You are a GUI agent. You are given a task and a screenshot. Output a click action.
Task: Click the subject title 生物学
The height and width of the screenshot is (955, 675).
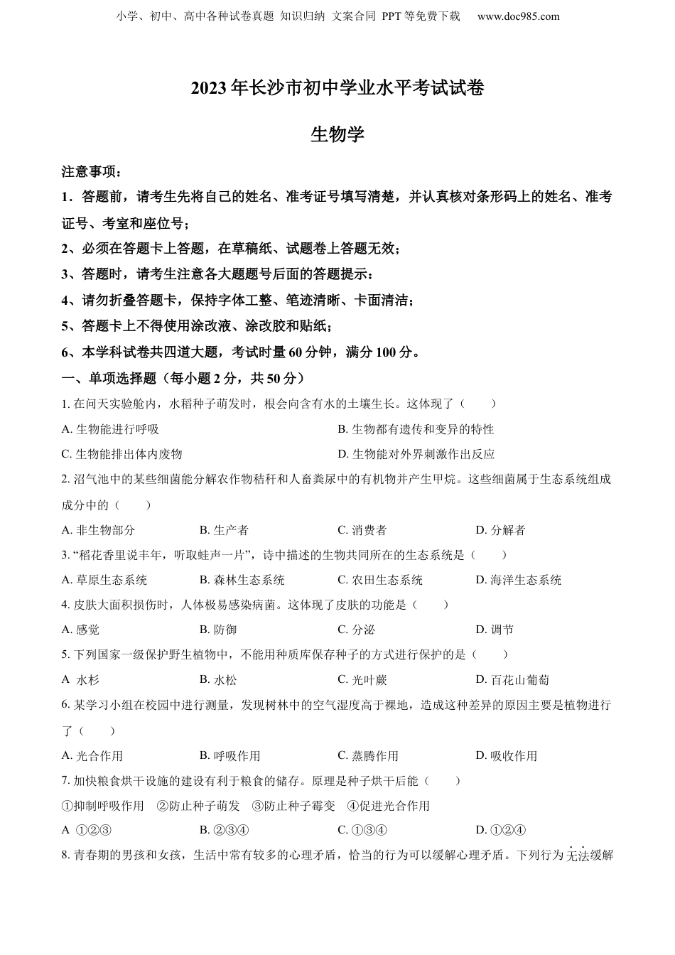pos(337,134)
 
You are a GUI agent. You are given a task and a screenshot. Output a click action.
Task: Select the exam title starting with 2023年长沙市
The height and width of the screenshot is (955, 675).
pos(337,88)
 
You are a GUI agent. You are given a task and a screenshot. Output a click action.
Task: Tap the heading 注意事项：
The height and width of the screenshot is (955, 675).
pos(92,171)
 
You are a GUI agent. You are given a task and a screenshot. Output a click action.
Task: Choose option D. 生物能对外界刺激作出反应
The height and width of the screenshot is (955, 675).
pos(416,454)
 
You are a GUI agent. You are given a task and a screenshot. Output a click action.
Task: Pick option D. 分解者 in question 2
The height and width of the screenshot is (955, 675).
pos(500,530)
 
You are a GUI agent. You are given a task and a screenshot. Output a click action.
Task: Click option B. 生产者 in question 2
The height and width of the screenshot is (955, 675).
pos(224,530)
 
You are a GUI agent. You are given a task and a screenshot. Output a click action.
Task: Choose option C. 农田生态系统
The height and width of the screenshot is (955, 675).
pos(380,580)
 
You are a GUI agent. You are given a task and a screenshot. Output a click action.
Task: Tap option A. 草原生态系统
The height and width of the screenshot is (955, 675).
pos(104,580)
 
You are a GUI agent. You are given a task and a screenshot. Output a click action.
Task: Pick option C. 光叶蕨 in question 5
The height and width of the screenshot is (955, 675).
pos(362,680)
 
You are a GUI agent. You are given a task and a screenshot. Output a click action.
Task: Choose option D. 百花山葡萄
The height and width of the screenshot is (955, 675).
pos(512,680)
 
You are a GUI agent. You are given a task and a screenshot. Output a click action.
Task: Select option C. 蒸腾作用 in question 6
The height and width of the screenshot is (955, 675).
pos(368,756)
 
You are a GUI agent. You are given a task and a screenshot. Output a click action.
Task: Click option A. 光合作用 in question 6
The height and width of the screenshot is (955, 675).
pos(92,756)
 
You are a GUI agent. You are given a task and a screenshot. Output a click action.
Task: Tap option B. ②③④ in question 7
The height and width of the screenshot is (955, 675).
pos(224,830)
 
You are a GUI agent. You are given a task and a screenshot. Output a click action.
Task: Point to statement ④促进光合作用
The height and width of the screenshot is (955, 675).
pos(389,806)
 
